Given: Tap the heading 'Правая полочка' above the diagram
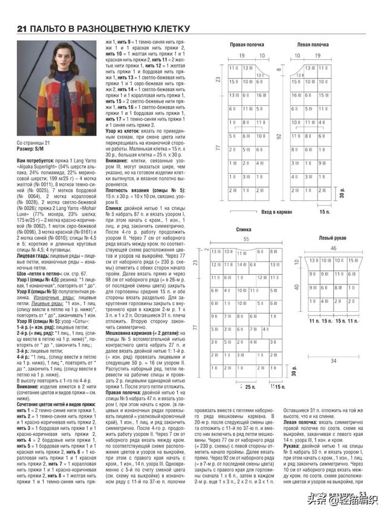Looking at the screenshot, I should click(246, 45).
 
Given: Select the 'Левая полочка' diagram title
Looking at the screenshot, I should click(312, 45).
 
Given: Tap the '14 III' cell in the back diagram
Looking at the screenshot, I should click(242, 248).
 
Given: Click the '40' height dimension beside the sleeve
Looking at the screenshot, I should click(296, 271).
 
